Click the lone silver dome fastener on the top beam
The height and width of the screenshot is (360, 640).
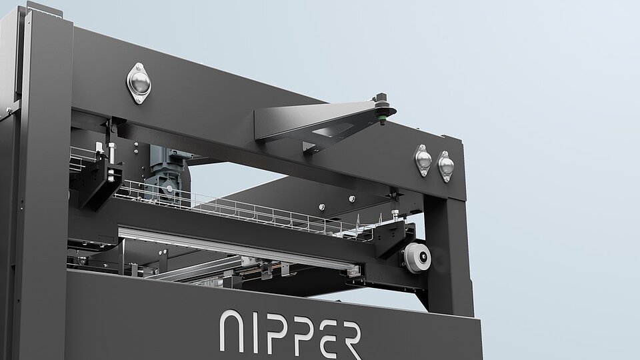point(139,83)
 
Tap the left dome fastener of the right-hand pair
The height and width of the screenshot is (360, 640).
point(423,160)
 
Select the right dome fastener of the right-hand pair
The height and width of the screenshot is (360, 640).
point(446,166)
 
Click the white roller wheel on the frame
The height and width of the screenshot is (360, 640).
point(417,257)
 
